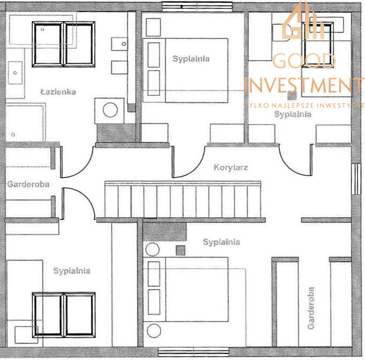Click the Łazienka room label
(58, 92)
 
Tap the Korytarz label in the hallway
(231, 167)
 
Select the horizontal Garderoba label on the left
(28, 185)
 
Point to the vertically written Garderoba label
(311, 308)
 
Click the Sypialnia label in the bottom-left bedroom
(72, 271)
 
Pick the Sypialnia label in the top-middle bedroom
(191, 59)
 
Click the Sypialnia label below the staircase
(222, 242)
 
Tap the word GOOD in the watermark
(304, 60)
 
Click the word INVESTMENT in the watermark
(305, 85)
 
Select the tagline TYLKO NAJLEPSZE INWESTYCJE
(305, 105)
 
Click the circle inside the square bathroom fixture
(110, 110)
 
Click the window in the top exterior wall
(197, 7)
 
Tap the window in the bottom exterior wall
(193, 352)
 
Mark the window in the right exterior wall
(356, 179)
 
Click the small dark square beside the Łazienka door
(131, 108)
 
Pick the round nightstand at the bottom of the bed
(154, 331)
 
